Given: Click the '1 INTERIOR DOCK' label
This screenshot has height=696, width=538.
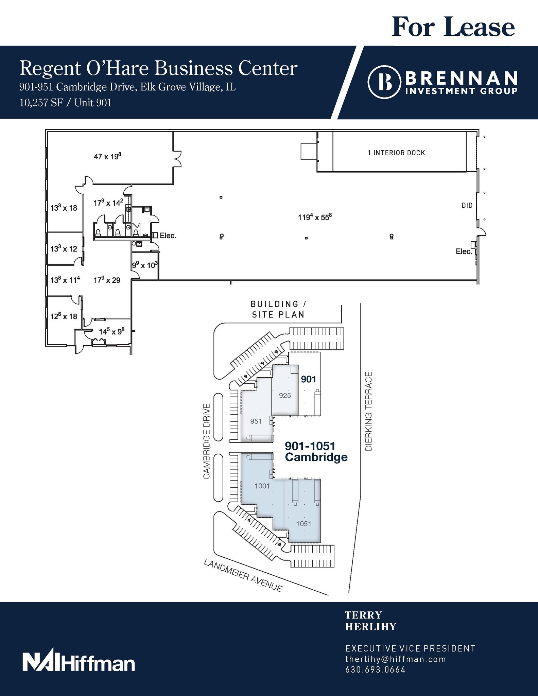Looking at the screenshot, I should [x=396, y=153].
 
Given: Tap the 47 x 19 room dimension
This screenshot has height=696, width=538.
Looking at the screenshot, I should [x=107, y=156].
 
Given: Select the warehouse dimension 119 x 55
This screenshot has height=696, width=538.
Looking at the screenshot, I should [x=315, y=217].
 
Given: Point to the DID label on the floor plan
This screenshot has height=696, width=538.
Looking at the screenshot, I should [x=467, y=205].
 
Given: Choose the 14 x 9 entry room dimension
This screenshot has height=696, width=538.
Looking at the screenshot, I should [x=110, y=331].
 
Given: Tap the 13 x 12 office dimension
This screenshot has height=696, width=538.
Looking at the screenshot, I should [x=64, y=248].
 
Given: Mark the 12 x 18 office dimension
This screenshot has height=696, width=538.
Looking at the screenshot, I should [x=64, y=316].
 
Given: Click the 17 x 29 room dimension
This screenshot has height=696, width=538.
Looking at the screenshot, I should [x=107, y=280].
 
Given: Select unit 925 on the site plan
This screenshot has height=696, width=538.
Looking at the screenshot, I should [x=285, y=395].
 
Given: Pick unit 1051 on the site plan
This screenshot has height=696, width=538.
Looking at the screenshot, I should [x=303, y=524].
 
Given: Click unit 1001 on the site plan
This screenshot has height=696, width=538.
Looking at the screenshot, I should [x=262, y=486].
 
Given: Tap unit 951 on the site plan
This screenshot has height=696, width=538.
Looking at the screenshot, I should [x=256, y=421].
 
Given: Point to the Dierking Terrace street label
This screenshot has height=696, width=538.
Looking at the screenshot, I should [x=369, y=411].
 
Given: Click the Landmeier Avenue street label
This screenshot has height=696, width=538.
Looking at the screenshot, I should [x=243, y=576].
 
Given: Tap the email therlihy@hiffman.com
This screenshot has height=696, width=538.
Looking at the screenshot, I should [x=395, y=659].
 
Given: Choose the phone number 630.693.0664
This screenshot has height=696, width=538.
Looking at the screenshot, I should [x=375, y=669].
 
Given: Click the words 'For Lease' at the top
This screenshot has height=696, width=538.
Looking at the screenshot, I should [x=453, y=27].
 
